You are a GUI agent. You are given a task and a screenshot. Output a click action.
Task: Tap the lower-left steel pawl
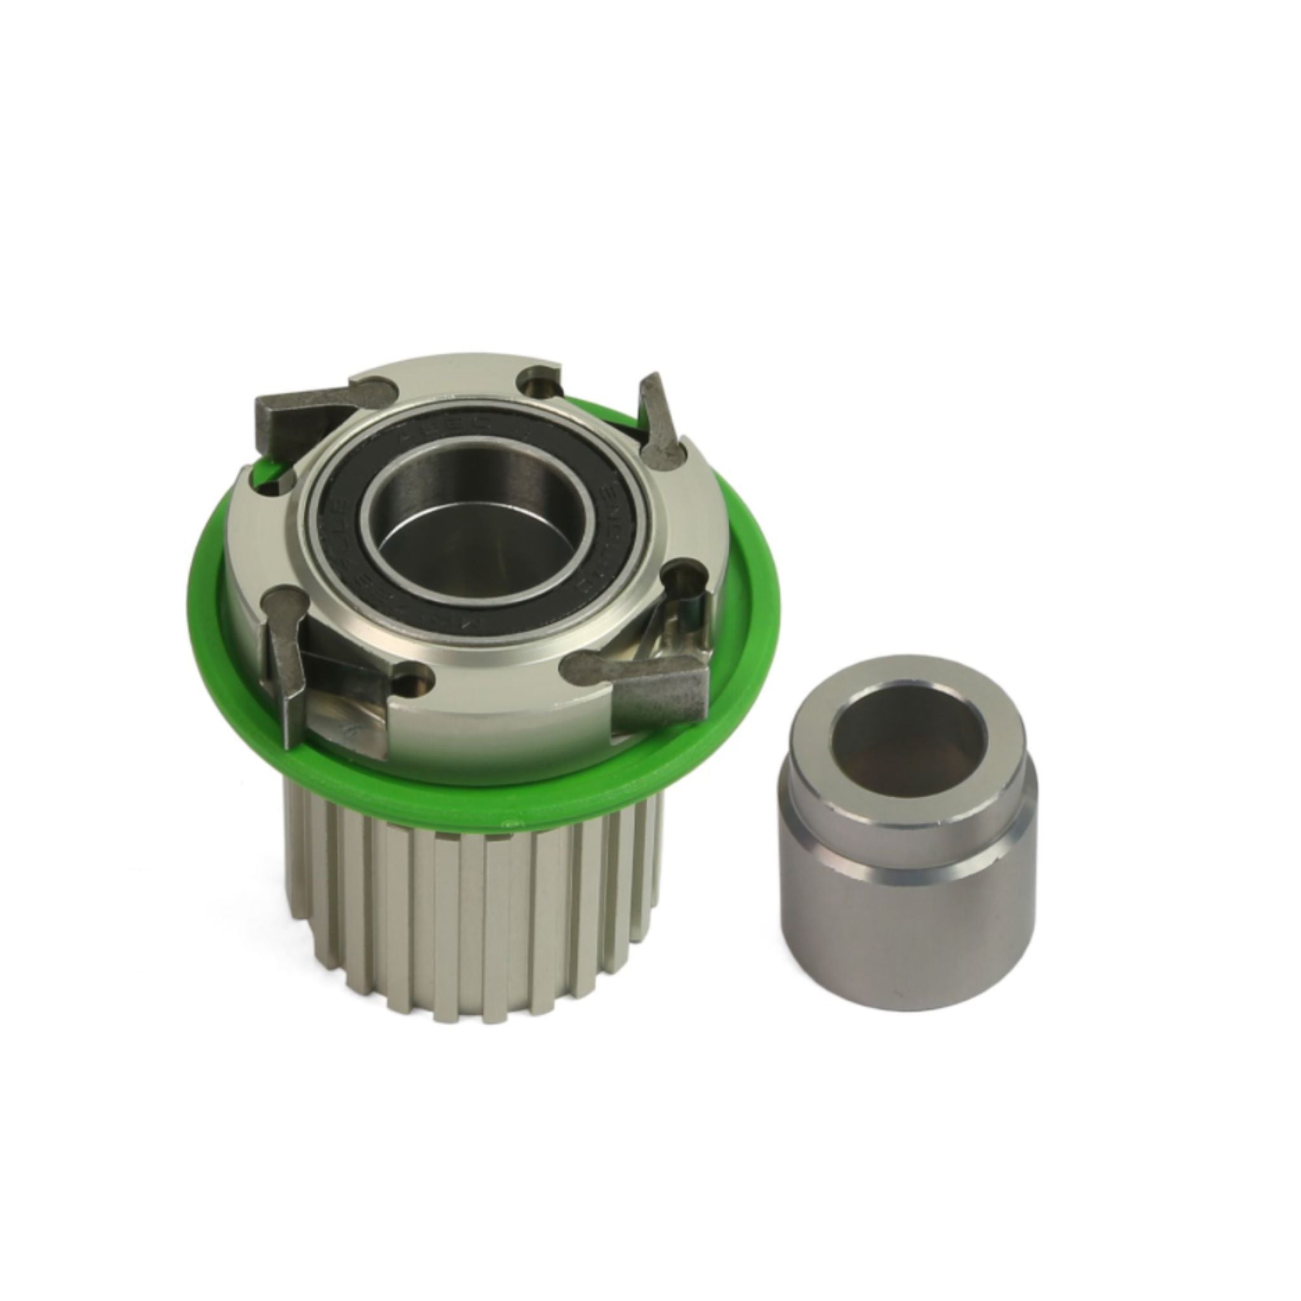click(286, 680)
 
